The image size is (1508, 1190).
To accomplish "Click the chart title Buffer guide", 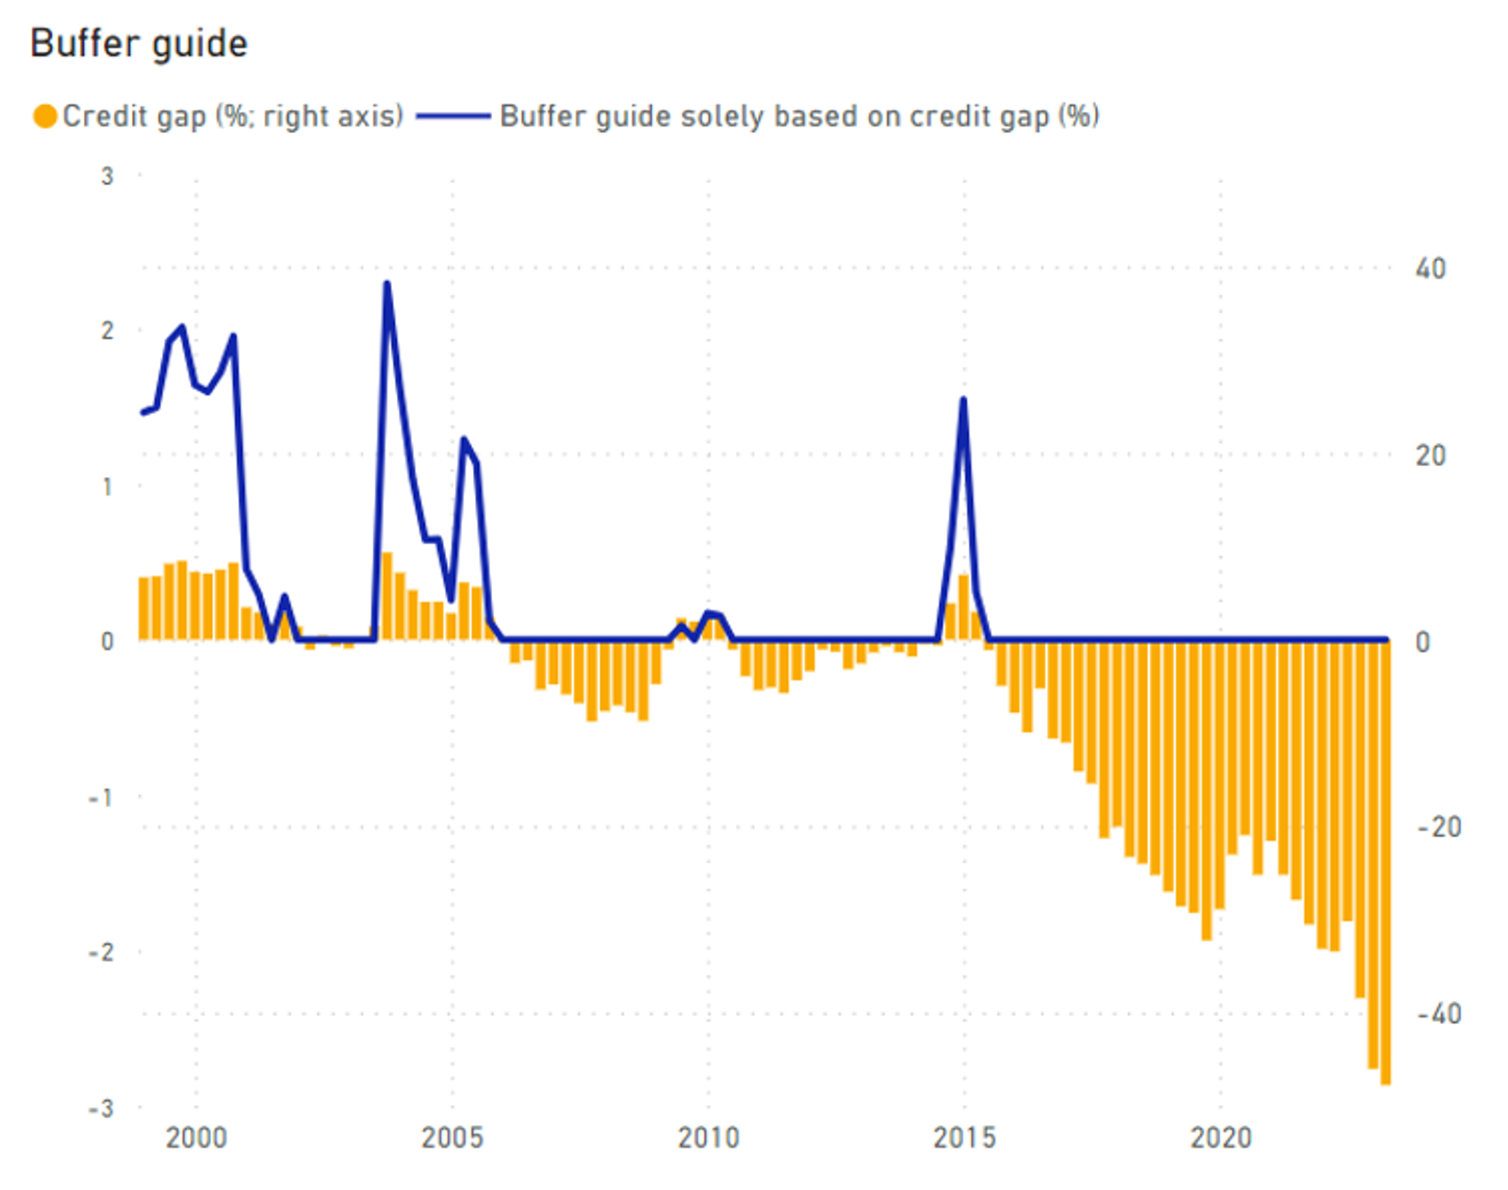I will coord(139,43).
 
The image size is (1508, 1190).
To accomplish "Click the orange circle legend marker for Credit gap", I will coord(44,116).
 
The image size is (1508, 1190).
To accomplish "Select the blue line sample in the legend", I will coord(452,116).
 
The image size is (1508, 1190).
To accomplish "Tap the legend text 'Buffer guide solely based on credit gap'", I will coord(799,116).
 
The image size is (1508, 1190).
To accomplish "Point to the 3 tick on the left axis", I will coord(107,176).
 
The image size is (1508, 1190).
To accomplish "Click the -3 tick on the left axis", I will coord(101,1108).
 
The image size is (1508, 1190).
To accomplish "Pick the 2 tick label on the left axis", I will coord(107,331).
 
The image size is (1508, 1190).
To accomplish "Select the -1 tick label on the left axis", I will coord(101,798).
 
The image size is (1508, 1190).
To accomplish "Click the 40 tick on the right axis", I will coord(1430,269).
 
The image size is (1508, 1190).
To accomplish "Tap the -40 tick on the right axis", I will coord(1439,1015).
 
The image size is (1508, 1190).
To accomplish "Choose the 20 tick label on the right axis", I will coord(1430,455).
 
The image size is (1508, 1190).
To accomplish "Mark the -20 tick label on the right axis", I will coord(1439,828).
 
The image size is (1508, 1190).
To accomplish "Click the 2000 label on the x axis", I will coord(196,1138).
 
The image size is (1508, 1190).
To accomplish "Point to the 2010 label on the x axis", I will coord(708,1138).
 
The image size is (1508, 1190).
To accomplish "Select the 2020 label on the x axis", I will coord(1221,1138).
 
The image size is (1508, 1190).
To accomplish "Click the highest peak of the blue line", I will coord(387,284).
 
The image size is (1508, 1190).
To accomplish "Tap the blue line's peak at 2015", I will coord(963,400).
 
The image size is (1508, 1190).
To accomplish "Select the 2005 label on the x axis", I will coord(452,1138).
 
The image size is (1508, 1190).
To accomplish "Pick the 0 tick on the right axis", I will coord(1423,642).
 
